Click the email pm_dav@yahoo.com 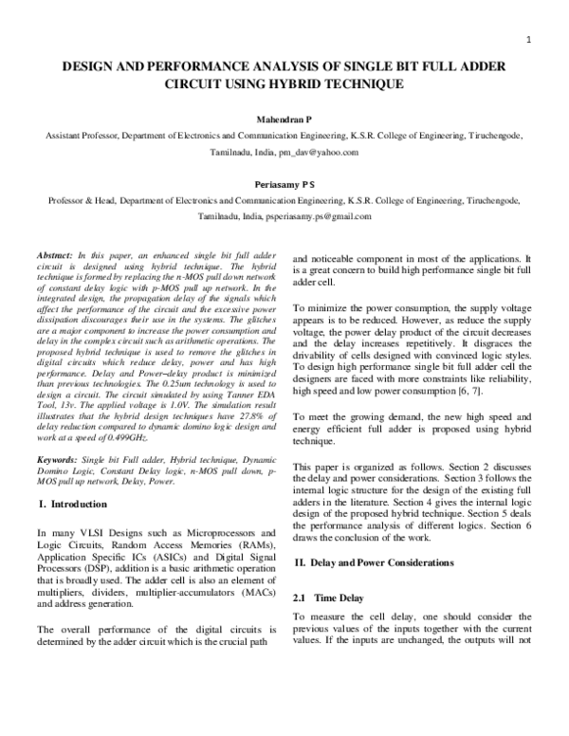click(x=319, y=152)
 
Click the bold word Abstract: click(x=55, y=257)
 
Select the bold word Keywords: click(x=57, y=459)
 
